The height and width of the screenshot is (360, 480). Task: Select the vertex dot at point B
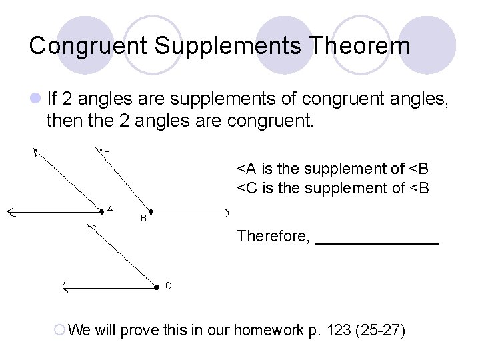point(150,211)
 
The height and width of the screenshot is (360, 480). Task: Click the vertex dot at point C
point(156,287)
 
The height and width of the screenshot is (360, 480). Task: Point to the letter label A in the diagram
point(111,209)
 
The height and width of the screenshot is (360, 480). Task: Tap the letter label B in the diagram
point(143,218)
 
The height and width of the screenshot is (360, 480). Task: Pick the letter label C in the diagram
point(168,286)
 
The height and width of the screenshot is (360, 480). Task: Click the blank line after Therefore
point(377,240)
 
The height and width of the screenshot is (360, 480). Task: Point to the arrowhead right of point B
point(226,212)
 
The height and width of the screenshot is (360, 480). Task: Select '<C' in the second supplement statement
point(248,189)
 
